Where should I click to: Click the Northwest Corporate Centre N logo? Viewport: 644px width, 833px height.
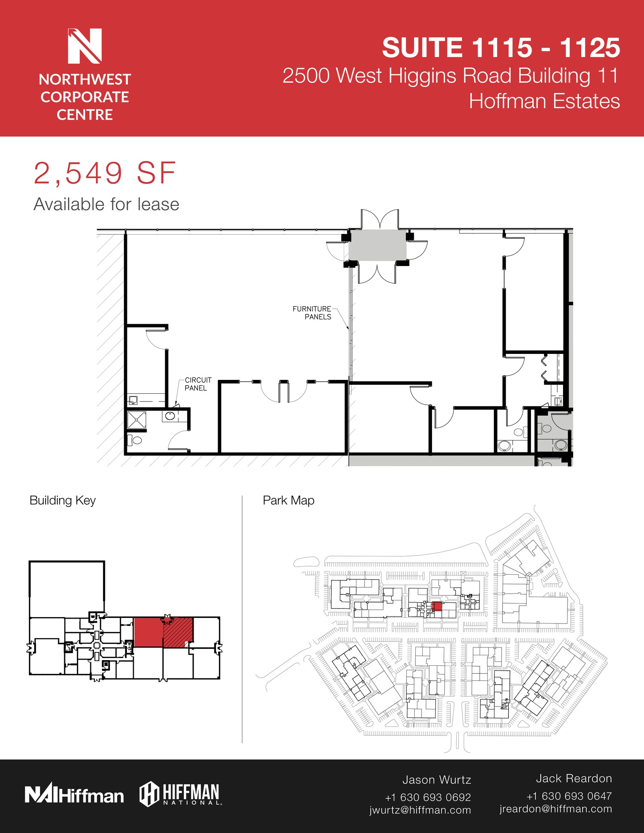[85, 46]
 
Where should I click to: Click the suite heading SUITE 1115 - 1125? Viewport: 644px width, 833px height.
[500, 48]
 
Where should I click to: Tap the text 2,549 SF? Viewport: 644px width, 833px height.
[105, 174]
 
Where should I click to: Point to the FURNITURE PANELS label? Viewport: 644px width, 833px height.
[312, 313]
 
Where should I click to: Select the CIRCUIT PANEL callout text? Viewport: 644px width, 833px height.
[198, 384]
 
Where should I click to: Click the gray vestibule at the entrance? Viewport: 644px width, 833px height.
[377, 245]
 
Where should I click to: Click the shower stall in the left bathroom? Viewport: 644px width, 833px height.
[137, 420]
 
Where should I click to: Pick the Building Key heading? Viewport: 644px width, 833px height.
[62, 500]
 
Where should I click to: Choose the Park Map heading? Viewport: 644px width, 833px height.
[288, 500]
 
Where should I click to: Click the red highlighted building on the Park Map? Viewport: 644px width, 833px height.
[437, 606]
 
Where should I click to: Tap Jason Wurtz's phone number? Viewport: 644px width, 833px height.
[428, 797]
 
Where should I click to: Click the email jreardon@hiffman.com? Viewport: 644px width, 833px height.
[556, 809]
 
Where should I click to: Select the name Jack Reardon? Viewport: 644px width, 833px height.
[574, 778]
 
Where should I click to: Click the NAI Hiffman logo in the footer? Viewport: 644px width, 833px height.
[74, 796]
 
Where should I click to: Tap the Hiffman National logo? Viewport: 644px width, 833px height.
[180, 794]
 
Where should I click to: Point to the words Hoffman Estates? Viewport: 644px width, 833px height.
[544, 101]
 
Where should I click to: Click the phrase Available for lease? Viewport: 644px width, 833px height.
[106, 204]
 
